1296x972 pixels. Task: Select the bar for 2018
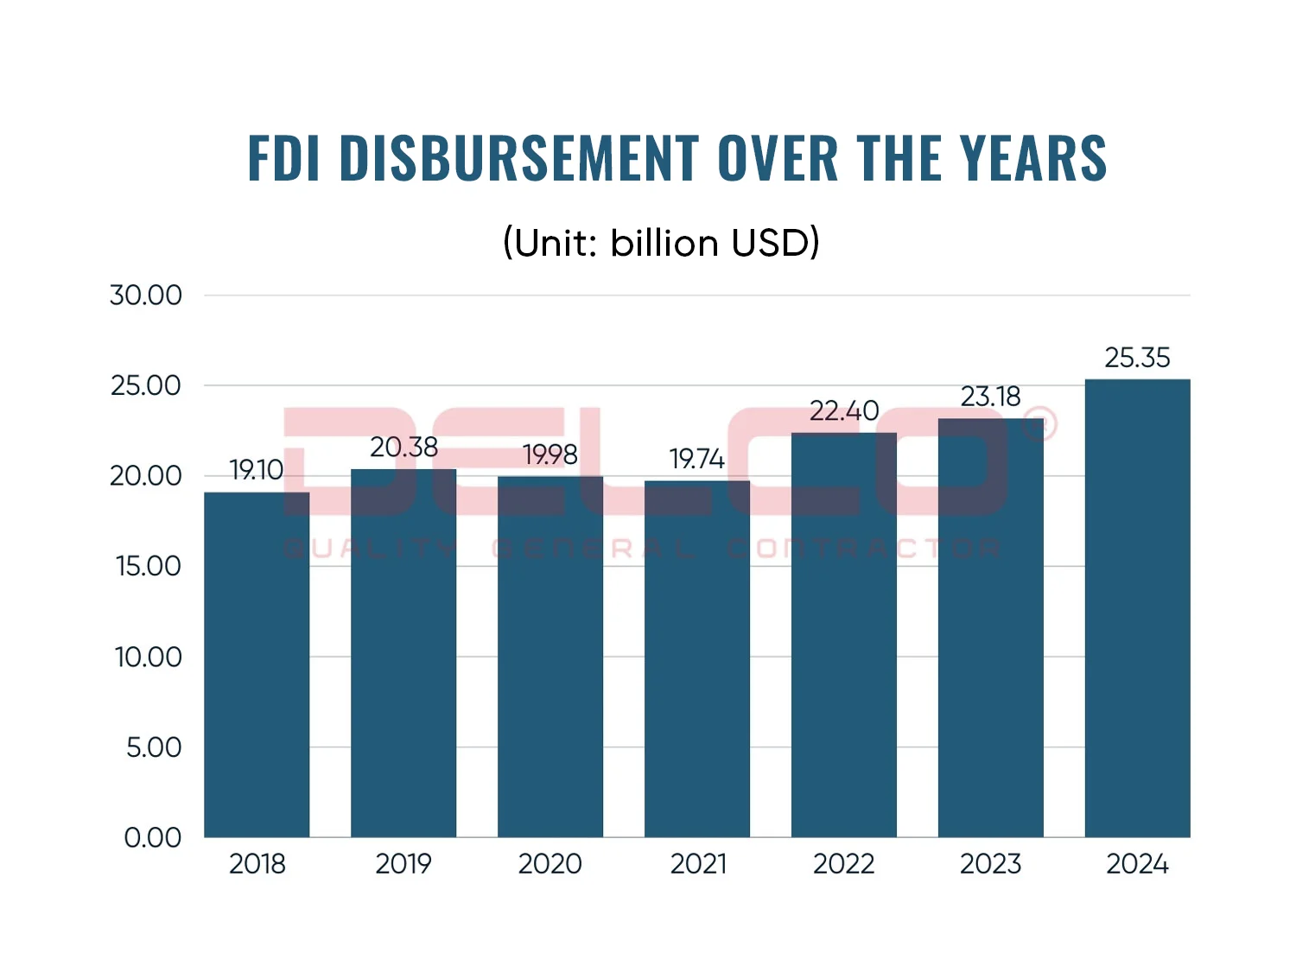[x=257, y=665]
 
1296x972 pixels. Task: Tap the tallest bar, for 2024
[x=1137, y=608]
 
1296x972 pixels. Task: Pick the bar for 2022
[x=844, y=635]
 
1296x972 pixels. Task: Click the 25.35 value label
[x=1137, y=358]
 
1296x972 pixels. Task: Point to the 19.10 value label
[x=257, y=470]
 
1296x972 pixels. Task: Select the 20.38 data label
[x=403, y=448]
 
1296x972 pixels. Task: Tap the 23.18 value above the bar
[x=990, y=397]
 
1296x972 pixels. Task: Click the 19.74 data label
[x=696, y=459]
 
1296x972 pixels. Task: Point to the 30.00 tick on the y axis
[x=146, y=295]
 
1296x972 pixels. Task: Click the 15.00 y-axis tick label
[x=148, y=566]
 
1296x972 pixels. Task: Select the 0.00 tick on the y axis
[x=153, y=837]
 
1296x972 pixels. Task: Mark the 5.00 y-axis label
[x=154, y=747]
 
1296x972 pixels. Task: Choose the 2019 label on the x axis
[x=403, y=864]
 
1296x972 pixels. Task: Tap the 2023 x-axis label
[x=990, y=864]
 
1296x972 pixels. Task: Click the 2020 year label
[x=550, y=864]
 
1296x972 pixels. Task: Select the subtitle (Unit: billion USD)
[x=661, y=243]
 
